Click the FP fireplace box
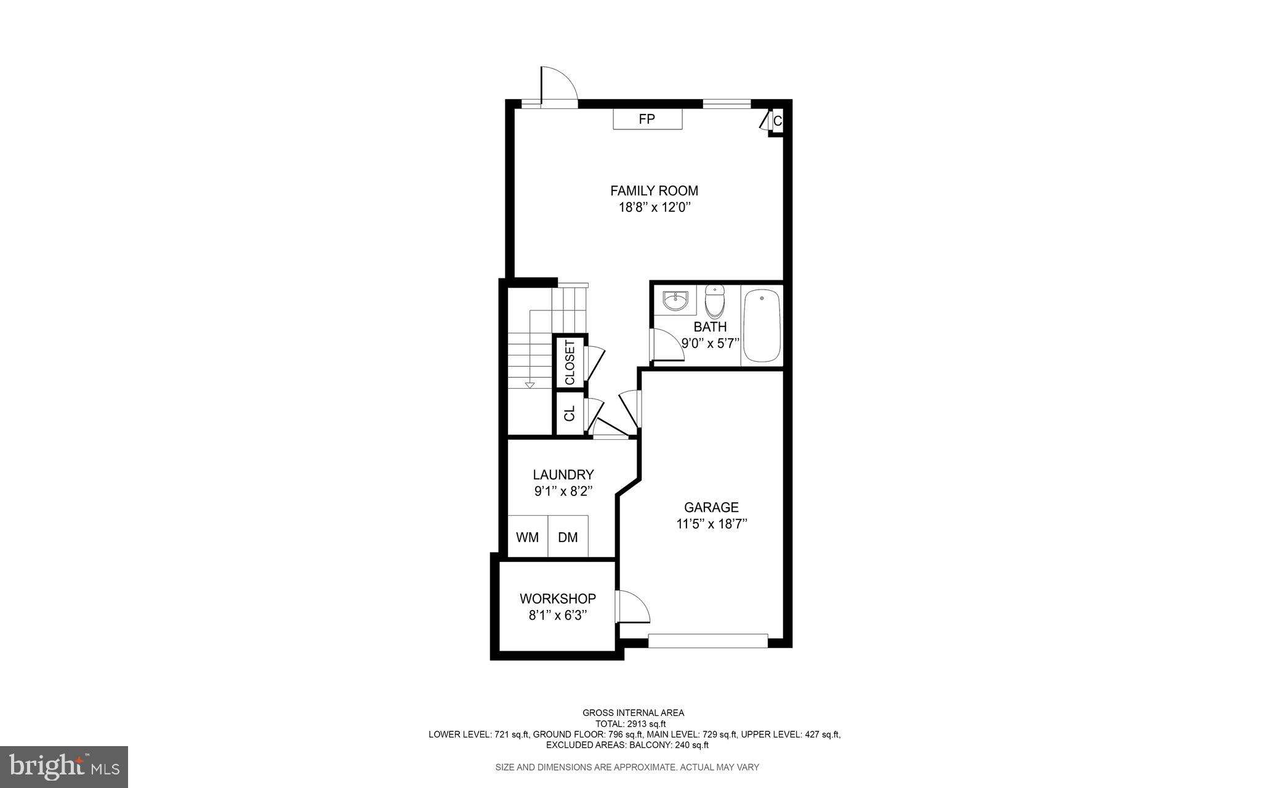[x=647, y=120]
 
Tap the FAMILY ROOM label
[x=654, y=191]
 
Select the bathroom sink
[x=675, y=302]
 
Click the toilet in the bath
[x=715, y=301]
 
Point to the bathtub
[x=762, y=327]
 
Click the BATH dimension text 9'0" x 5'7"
[x=710, y=344]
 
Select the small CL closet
[x=570, y=413]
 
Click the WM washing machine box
[x=527, y=537]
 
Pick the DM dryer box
[x=568, y=537]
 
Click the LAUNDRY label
[x=563, y=475]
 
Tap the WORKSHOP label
[x=557, y=599]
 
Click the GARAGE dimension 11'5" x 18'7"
[x=711, y=524]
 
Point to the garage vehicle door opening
[x=708, y=641]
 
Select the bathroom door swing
[x=667, y=346]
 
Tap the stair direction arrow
[x=529, y=386]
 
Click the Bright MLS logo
[x=64, y=766]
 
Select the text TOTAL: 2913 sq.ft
[x=630, y=724]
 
